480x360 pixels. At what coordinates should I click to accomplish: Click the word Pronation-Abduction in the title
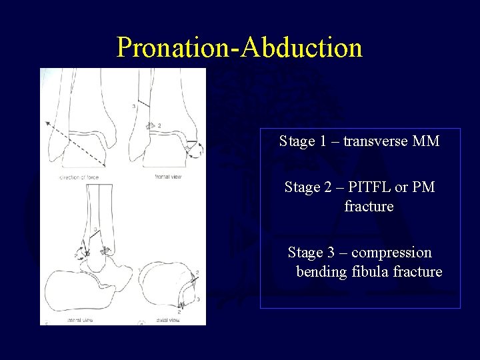point(239,47)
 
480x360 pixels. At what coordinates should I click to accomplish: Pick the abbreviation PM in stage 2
point(423,187)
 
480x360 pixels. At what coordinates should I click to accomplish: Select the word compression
point(391,253)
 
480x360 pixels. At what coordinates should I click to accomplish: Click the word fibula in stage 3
point(366,271)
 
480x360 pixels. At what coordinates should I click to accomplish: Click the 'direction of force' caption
point(77,177)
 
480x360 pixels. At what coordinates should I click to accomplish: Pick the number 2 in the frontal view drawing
point(159,125)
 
